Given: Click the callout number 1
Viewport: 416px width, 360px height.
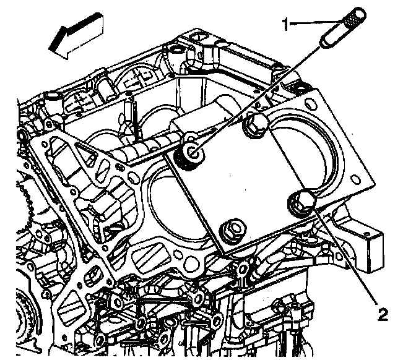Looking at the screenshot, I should (x=286, y=24).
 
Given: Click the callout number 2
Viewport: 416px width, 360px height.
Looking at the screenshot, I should (x=383, y=314).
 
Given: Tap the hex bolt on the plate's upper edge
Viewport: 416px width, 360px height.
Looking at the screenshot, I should (x=255, y=127).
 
